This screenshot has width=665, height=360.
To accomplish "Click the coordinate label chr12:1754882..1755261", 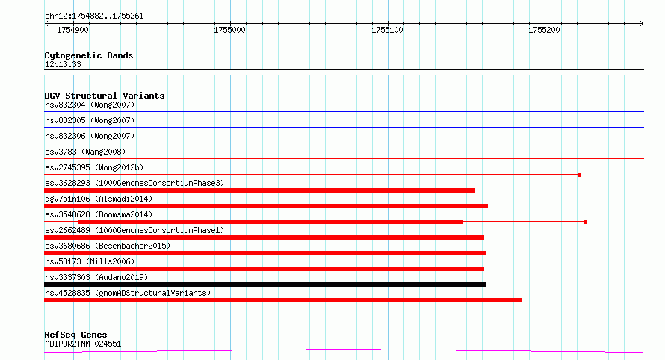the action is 94,16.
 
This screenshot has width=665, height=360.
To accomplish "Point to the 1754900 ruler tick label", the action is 73,30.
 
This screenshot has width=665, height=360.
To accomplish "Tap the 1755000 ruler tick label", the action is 229,30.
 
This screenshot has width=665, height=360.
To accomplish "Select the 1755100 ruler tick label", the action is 387,30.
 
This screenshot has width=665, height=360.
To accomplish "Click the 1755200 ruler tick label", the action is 544,30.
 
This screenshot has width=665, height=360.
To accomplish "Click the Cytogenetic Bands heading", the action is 89,55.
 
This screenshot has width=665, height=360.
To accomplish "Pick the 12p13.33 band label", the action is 63,64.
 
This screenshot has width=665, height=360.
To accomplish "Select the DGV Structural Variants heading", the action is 105,96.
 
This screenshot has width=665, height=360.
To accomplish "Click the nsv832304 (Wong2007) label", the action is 90,105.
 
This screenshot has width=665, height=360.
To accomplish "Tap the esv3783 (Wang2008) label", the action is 85,152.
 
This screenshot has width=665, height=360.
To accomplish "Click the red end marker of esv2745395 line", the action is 579,175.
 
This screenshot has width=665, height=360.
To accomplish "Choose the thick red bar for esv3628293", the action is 259,190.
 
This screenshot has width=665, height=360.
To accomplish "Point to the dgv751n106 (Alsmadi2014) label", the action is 99,199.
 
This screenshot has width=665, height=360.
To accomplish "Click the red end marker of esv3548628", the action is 585,222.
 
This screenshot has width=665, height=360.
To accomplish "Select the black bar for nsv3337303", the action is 265,285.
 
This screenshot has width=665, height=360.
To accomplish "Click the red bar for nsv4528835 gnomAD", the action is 283,300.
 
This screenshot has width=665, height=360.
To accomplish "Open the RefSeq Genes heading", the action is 75,335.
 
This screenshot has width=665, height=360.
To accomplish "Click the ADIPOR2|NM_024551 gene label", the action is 83,344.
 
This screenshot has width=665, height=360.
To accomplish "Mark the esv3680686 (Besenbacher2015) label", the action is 108,246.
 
